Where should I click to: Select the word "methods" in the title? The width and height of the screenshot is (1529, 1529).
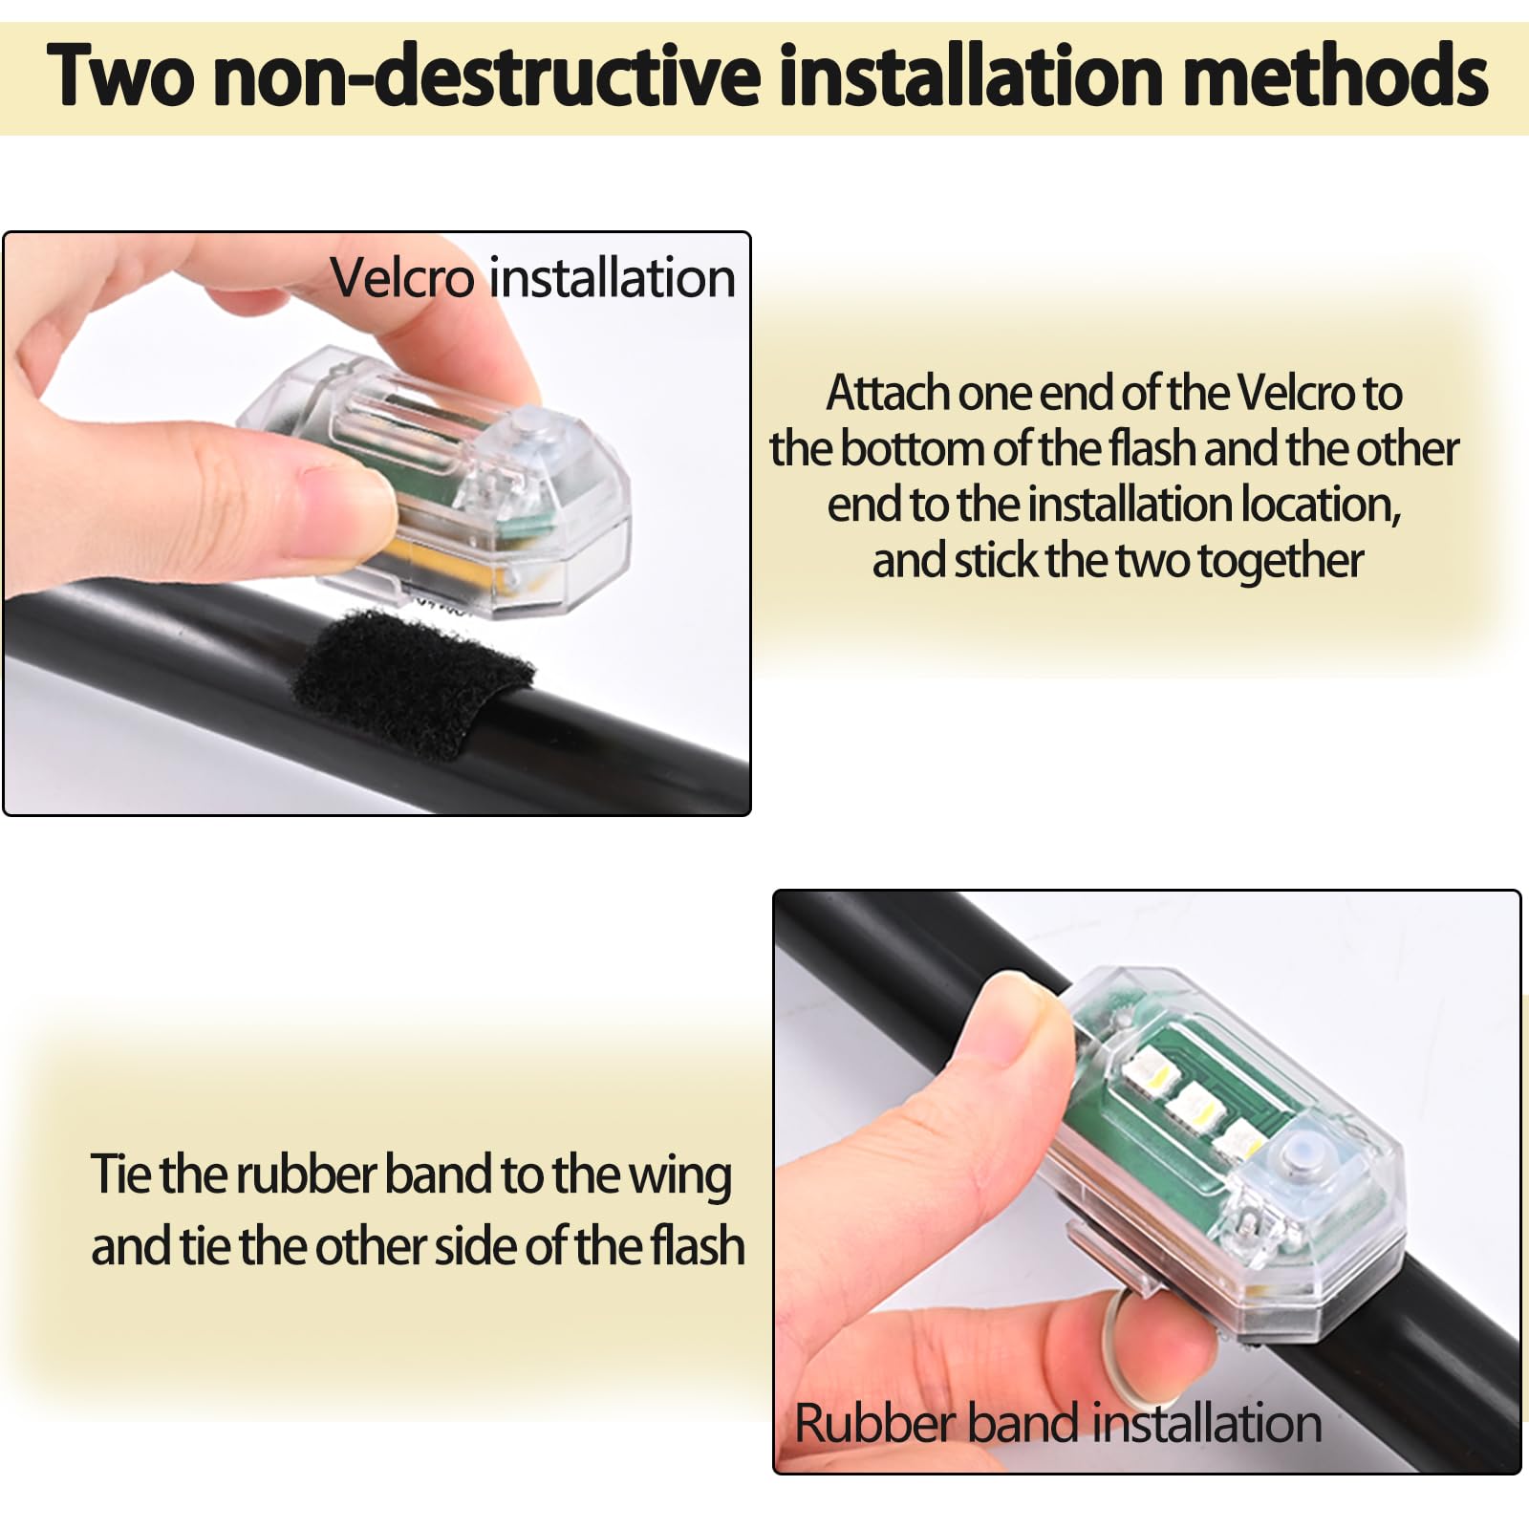click(1334, 75)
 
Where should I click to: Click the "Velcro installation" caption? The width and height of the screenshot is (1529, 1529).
click(533, 278)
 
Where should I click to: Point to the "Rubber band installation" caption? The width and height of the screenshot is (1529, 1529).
click(1058, 1423)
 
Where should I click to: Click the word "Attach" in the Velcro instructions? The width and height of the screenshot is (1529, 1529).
click(889, 393)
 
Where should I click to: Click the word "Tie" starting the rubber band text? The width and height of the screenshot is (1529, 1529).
click(120, 1174)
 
